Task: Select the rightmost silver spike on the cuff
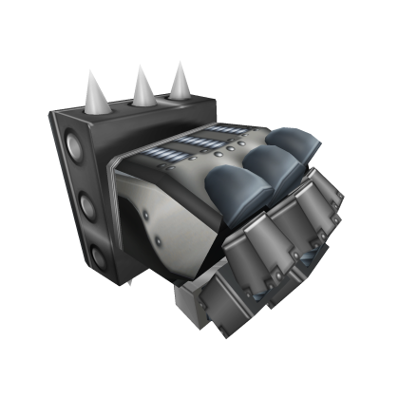[179, 81]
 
